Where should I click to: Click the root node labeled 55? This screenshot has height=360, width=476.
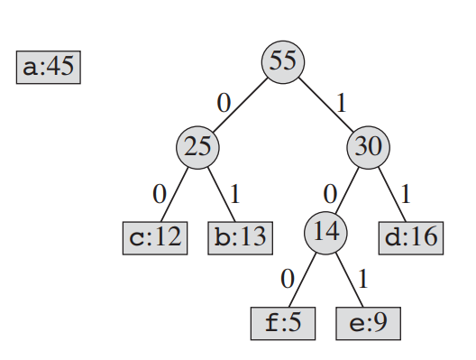tap(283, 62)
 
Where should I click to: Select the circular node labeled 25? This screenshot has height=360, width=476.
tap(197, 147)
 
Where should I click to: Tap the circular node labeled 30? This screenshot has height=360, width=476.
tap(368, 147)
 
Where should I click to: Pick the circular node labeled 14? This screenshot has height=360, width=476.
tap(325, 233)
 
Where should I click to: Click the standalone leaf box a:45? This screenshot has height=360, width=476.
tap(49, 67)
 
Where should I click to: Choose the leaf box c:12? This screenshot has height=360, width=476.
tap(155, 238)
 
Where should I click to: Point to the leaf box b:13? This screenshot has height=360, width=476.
tap(240, 238)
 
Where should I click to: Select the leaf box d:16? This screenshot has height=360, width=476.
tap(411, 238)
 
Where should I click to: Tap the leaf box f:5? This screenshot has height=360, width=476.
tap(283, 324)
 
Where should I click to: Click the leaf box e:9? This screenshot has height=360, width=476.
tap(368, 324)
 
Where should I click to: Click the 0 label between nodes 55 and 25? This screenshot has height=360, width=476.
tap(224, 103)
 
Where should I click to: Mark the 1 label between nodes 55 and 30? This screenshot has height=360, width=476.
tap(342, 103)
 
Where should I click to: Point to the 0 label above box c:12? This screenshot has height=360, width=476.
tap(160, 194)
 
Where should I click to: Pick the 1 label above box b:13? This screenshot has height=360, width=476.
tap(235, 194)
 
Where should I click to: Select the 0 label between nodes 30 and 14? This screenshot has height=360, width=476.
tap(330, 194)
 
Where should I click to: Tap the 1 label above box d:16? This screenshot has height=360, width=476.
tap(406, 194)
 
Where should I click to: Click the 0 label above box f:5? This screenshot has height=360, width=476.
tap(288, 279)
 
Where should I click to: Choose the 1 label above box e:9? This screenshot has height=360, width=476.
tap(363, 279)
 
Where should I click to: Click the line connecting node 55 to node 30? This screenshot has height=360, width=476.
tap(325, 105)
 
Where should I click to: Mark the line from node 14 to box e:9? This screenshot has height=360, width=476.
tap(349, 280)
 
